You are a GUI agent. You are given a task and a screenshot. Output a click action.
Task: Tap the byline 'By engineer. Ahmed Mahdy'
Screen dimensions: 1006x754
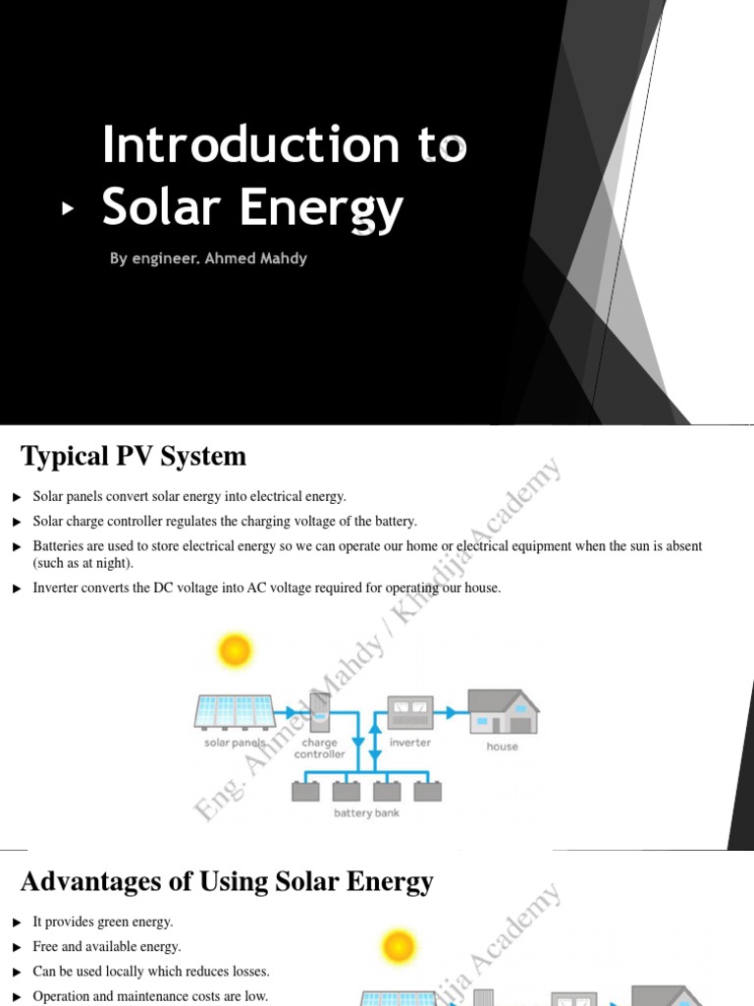point(208,259)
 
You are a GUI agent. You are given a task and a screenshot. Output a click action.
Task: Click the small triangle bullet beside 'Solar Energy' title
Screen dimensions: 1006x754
point(68,208)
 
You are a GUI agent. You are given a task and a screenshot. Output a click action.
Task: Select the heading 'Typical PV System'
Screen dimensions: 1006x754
point(134,457)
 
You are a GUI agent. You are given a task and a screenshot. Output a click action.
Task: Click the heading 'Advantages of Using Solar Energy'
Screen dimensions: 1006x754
point(227,882)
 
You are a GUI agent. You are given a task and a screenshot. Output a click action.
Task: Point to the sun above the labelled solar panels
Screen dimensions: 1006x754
point(235,649)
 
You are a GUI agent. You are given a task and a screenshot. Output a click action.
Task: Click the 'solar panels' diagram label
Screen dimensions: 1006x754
point(234,744)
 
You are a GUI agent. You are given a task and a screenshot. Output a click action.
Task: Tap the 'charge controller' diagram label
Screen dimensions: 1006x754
point(320,749)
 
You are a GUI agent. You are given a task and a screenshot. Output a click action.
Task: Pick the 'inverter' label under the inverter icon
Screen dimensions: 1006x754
point(410,743)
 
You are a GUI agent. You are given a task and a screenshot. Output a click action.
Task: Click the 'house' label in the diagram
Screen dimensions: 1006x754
point(503,747)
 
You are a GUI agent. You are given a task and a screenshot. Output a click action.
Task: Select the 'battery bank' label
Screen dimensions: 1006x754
point(366,813)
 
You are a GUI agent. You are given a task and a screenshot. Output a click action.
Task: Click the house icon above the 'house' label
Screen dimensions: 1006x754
point(503,711)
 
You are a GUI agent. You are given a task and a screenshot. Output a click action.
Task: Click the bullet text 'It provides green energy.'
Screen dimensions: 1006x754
point(103,922)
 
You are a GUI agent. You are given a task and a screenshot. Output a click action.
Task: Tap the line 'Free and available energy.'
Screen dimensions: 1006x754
point(107,947)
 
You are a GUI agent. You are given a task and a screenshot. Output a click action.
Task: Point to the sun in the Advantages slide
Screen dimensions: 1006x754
point(399,947)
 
